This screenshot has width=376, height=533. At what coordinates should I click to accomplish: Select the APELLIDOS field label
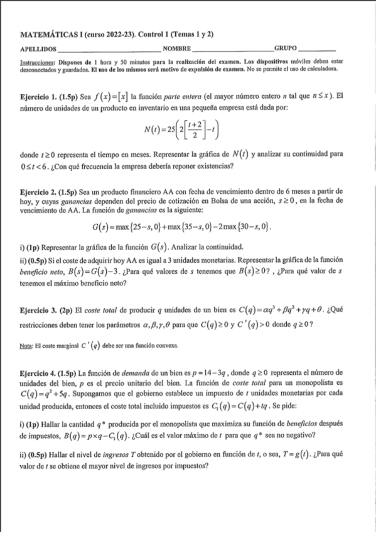point(38,48)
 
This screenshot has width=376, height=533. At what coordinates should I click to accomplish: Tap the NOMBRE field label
point(176,48)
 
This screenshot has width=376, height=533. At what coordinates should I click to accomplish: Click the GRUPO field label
point(286,48)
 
